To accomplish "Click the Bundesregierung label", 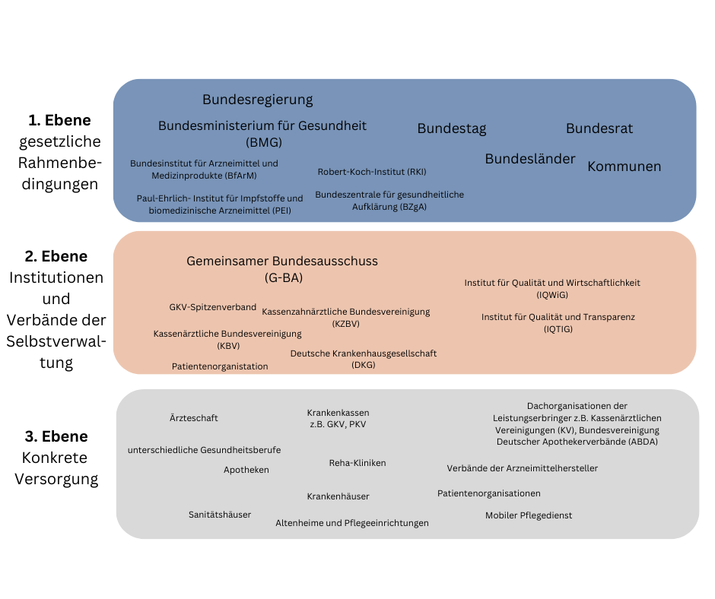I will pos(257,100).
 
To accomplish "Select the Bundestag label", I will pos(451,129).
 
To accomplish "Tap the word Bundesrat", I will pos(599,129).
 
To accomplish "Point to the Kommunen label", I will pos(624,166).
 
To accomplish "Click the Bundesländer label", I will pos(530,160).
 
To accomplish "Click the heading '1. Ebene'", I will pos(59,120).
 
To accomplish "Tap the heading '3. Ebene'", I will pos(56,436).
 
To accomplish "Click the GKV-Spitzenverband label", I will pos(212,307).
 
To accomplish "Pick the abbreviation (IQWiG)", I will pos(552,295).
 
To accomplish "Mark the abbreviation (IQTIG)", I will pos(558,329).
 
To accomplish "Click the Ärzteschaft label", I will pos(194,418).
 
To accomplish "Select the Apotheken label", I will pos(246,470).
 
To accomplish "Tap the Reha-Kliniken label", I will pos(357,463).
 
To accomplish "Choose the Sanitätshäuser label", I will pos(220,515).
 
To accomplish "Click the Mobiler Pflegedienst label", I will pos(529,515).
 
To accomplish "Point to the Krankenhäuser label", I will pos(338,496).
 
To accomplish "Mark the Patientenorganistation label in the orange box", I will pos(220,366).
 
